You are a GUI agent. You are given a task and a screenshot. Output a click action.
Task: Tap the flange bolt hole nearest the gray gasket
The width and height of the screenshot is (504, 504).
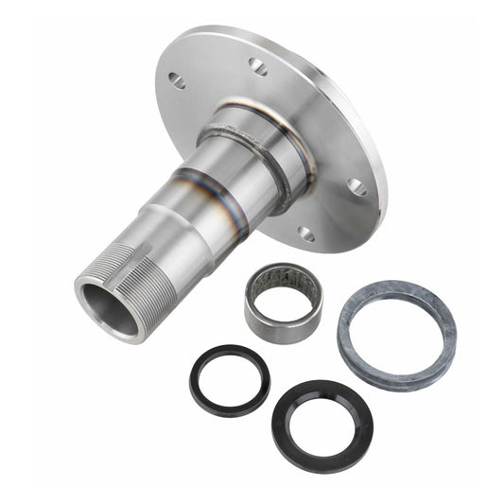point(357,186)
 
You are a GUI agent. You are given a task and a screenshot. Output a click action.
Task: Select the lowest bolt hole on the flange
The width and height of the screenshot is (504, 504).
point(305,232)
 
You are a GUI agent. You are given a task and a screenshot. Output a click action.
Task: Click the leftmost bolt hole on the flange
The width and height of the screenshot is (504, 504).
point(177,81)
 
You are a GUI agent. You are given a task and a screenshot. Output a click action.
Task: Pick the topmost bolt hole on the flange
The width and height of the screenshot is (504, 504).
point(257,65)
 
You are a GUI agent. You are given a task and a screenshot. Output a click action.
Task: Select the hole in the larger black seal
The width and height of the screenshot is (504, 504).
point(322,425)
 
